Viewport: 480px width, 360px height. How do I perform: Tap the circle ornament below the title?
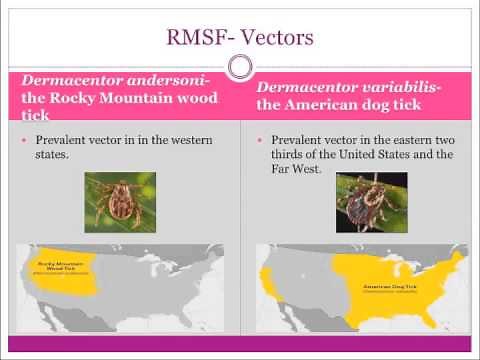tap(240, 67)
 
